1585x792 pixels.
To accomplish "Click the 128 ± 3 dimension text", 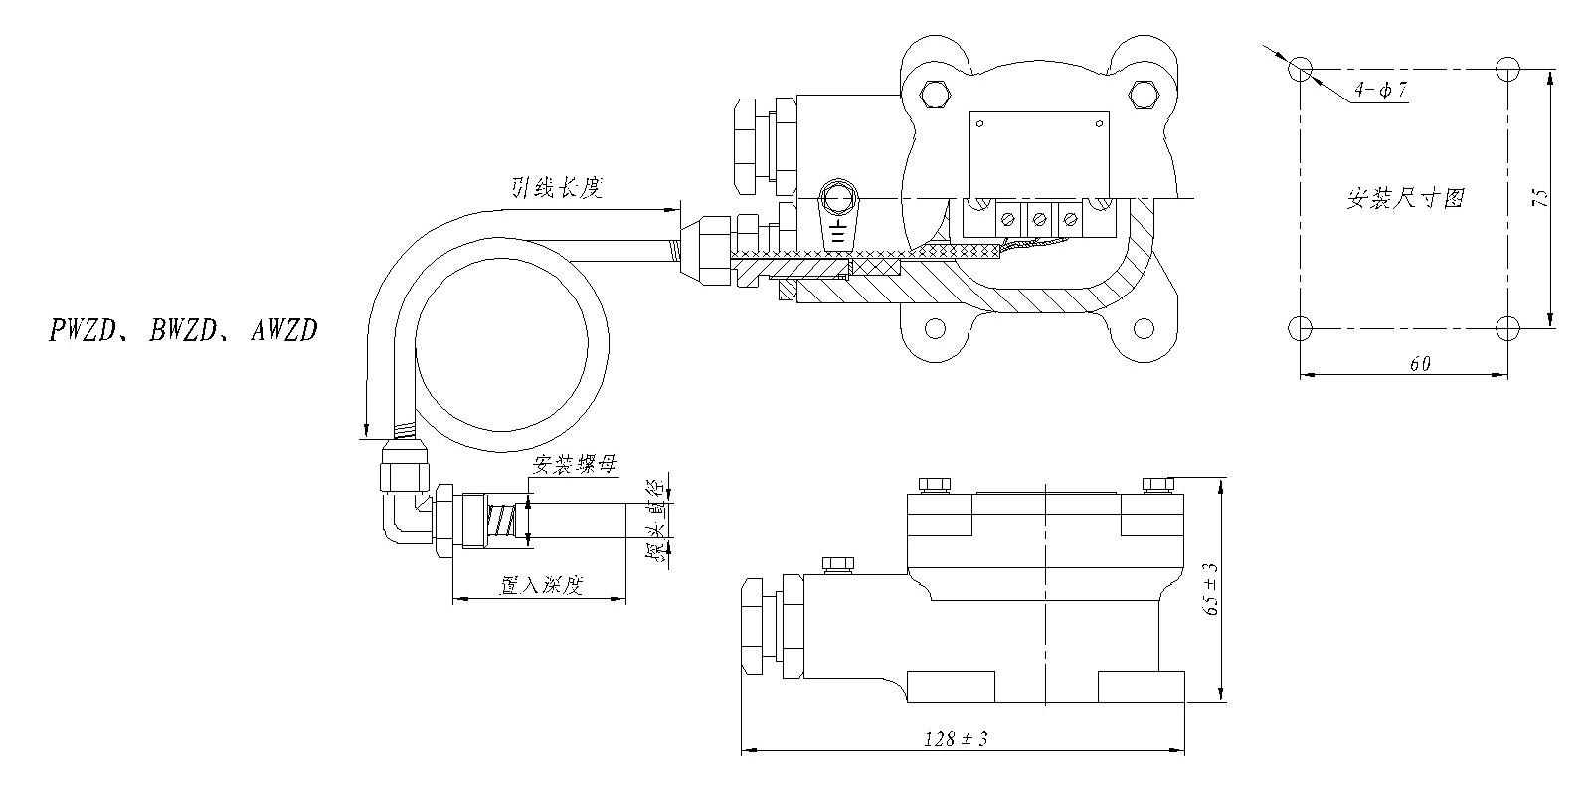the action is [956, 739].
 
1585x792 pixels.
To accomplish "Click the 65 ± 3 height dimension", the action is [1211, 589].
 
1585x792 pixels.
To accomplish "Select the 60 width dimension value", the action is [1420, 364].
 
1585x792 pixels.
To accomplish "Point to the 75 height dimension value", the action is [1539, 197].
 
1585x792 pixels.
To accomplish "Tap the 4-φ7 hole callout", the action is [1380, 90].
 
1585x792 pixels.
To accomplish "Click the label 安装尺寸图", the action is [1405, 197].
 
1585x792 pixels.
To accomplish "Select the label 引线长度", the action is [557, 188].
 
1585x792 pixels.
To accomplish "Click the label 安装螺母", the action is [575, 465].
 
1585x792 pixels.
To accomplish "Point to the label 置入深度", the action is [541, 585].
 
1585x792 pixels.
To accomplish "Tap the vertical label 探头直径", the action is [658, 522].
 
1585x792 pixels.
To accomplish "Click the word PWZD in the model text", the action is [82, 330].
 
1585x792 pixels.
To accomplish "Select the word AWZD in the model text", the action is [283, 330].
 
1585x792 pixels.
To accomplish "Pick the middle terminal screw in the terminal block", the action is [1039, 219].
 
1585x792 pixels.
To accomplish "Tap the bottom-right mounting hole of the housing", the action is [1145, 328].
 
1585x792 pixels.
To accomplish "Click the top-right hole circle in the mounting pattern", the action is [1507, 70].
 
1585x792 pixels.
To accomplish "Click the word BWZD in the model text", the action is [183, 330].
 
